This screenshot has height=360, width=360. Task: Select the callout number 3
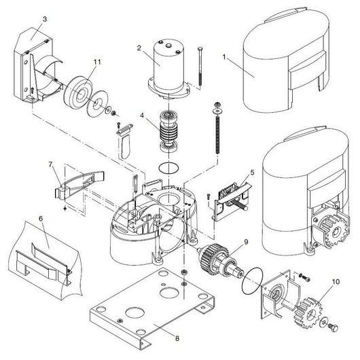point(45,20)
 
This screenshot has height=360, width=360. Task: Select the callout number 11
point(97,62)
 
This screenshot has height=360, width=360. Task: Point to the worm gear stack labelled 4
point(167,129)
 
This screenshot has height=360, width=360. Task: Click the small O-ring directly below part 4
point(167,167)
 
